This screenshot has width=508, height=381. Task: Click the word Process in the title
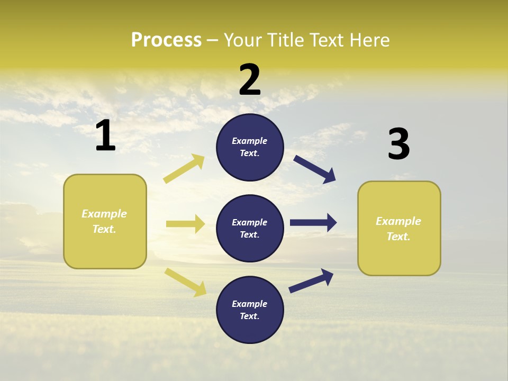coord(166,40)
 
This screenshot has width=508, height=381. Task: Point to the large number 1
coord(105,135)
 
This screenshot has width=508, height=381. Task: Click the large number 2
coord(250,80)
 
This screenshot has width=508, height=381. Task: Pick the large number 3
coord(398,145)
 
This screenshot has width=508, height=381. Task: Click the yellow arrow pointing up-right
coord(184,169)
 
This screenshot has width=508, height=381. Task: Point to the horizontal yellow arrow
coord(185,224)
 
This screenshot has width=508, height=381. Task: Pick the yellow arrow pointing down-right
coord(185,282)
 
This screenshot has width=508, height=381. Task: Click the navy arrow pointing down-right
coord(315,169)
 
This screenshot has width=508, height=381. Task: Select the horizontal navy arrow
coord(313,223)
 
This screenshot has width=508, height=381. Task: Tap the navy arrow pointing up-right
coord(311,280)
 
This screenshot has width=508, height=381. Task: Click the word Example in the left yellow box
coord(104,214)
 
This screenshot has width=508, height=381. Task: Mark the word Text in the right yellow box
coord(398,237)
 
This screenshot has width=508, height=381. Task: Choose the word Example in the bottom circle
coord(250,304)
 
